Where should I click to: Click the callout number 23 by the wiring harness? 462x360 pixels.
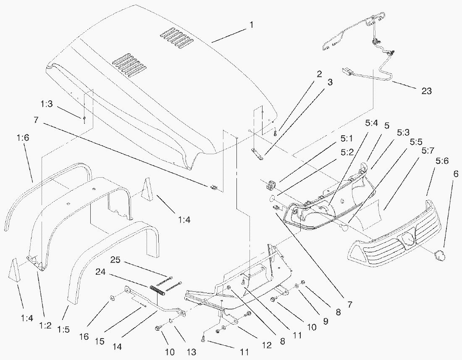pos(426,91)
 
